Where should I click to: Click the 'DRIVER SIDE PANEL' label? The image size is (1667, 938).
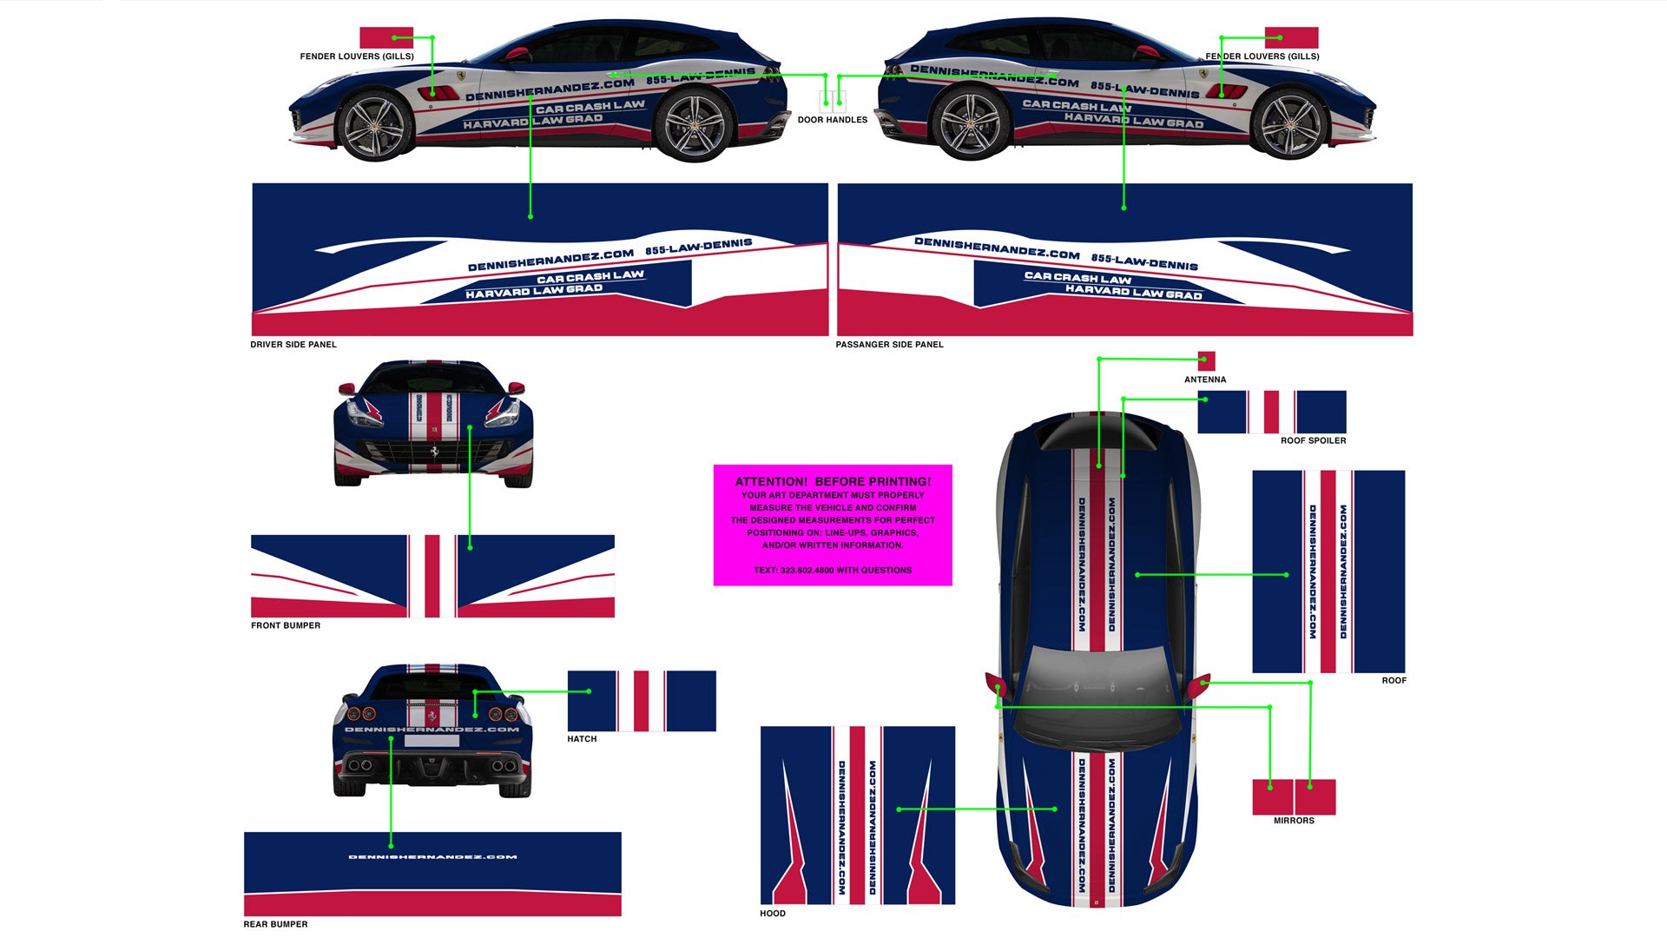pos(293,345)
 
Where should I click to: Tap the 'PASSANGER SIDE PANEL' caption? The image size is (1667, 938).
pos(889,345)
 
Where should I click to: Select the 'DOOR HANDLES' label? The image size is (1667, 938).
pos(832,120)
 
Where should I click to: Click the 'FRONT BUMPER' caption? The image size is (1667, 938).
pos(286,625)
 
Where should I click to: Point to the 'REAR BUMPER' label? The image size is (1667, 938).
pos(275,924)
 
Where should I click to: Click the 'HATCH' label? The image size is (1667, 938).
pos(582,739)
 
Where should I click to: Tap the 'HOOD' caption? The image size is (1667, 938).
pos(773,914)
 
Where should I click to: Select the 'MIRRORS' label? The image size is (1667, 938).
pos(1294,821)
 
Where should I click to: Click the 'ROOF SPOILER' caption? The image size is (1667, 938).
pos(1313,440)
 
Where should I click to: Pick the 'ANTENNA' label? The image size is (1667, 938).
pos(1205,380)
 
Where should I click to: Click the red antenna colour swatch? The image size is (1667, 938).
pos(1206,360)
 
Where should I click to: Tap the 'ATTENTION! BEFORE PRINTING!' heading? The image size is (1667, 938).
pos(833,481)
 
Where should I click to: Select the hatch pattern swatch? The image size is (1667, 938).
pos(642,701)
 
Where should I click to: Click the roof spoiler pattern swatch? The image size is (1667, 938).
pos(1272,412)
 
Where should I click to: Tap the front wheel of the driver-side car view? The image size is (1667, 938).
pos(375,127)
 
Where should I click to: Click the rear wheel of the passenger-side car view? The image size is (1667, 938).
pos(971,124)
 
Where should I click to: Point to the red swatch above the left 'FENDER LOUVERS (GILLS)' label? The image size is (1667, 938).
pos(386,37)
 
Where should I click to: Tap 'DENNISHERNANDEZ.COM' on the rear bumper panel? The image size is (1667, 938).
pos(432,857)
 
